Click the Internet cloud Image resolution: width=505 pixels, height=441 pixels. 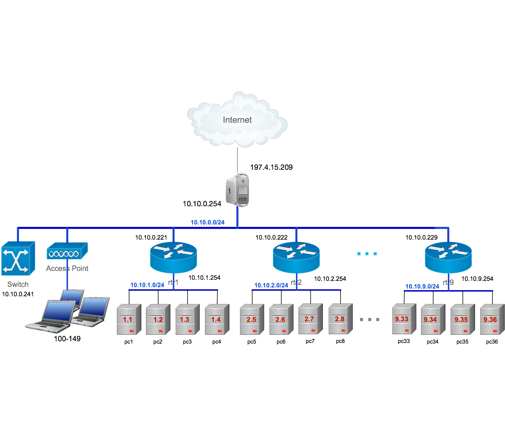point(237,120)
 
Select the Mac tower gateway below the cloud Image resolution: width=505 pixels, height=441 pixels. point(237,189)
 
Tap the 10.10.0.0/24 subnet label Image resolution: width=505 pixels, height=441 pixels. point(207,222)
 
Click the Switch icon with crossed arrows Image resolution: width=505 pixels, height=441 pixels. point(18,259)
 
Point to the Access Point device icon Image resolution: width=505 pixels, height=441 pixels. point(67,251)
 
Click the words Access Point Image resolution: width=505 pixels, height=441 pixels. point(67,268)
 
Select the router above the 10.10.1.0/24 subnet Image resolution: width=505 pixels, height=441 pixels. point(173,257)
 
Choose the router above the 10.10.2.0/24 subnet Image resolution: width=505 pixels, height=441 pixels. point(296,257)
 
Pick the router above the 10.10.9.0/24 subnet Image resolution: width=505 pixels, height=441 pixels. point(448,257)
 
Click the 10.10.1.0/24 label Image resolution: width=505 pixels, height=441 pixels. point(147,285)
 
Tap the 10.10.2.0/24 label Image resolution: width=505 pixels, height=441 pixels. point(271,285)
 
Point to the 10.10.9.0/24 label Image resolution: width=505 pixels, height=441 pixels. point(422,286)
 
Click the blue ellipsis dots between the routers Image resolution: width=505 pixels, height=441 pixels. point(367,254)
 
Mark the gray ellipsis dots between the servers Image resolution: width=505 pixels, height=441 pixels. point(370,319)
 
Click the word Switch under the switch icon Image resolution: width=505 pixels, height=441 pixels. point(18,284)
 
